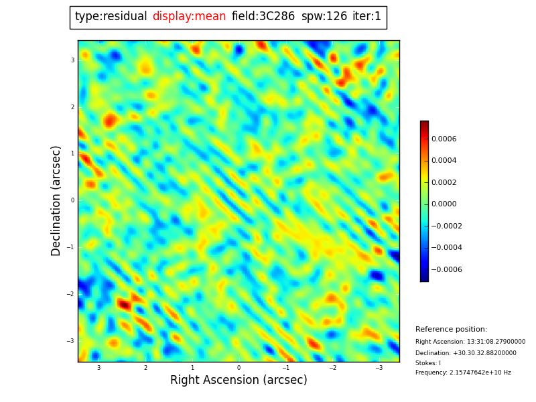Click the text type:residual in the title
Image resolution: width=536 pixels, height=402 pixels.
click(111, 17)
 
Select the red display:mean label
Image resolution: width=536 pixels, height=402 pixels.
click(189, 17)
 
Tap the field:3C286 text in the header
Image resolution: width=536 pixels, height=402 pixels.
click(263, 17)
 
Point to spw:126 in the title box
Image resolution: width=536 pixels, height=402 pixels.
click(324, 17)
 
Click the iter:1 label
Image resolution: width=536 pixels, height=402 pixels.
click(366, 17)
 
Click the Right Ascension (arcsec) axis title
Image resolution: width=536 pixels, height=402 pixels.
click(239, 381)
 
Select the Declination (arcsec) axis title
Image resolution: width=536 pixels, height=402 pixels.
click(56, 200)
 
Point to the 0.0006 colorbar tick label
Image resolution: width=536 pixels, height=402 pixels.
click(444, 139)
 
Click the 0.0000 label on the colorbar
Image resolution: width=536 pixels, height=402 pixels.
click(444, 204)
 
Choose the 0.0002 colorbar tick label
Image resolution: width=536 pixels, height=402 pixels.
click(444, 183)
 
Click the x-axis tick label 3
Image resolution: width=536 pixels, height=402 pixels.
click(98, 368)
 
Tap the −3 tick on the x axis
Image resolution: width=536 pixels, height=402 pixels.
click(378, 368)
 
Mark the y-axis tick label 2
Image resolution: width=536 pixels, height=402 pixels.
click(72, 107)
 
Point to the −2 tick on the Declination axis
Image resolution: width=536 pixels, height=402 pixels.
click(70, 294)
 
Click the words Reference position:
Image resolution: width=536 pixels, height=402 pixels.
click(451, 330)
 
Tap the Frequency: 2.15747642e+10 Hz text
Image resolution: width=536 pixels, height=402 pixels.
click(463, 373)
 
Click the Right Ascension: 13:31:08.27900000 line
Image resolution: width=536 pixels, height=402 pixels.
click(470, 342)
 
